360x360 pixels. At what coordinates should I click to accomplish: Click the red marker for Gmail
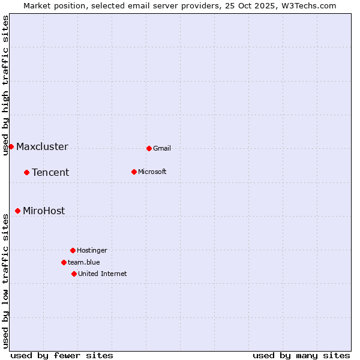149,148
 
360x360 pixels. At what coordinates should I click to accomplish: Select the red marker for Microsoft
134,172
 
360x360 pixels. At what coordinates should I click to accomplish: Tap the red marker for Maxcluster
11,146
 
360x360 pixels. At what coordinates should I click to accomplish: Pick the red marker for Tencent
26,172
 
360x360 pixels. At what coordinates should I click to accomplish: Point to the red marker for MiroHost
17,211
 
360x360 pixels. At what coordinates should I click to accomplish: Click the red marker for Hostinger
73,250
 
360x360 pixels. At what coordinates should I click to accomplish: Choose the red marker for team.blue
64,262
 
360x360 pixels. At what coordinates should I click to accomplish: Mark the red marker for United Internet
74,274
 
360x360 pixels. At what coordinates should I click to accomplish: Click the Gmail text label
162,148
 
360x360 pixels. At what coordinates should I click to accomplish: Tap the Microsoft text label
152,172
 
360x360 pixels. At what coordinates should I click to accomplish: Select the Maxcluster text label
42,146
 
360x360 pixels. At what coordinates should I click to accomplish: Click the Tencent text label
50,172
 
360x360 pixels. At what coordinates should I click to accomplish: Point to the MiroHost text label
44,211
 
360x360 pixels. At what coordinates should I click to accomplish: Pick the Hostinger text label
92,250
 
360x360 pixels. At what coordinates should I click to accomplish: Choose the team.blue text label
84,262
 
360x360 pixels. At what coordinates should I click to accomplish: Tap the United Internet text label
102,274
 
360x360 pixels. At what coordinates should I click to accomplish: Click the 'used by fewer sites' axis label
62,355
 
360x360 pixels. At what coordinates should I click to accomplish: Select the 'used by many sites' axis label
301,355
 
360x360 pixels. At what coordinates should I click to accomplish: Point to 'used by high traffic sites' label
5,85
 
